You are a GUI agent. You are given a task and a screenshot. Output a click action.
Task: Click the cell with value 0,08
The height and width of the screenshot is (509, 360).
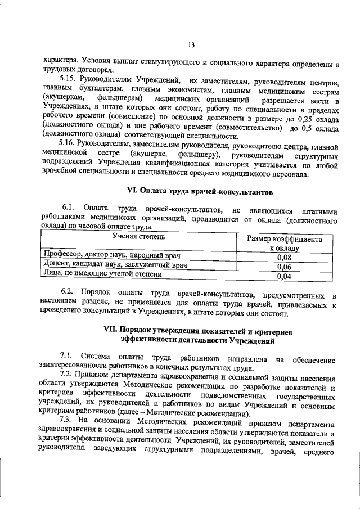click(284, 256)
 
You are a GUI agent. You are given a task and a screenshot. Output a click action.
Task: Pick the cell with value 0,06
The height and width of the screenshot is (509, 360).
click(284, 266)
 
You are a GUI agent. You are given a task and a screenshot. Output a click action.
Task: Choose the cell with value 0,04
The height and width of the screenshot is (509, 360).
click(284, 276)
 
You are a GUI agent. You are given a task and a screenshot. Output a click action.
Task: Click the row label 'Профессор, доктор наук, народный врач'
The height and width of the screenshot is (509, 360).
click(110, 255)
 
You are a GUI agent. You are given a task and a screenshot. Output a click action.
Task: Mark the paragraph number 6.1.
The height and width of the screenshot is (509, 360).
click(69, 209)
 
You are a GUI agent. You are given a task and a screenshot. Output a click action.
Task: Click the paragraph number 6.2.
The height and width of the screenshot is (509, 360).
click(69, 294)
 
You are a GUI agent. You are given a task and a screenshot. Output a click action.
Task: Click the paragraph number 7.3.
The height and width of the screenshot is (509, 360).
click(69, 421)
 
